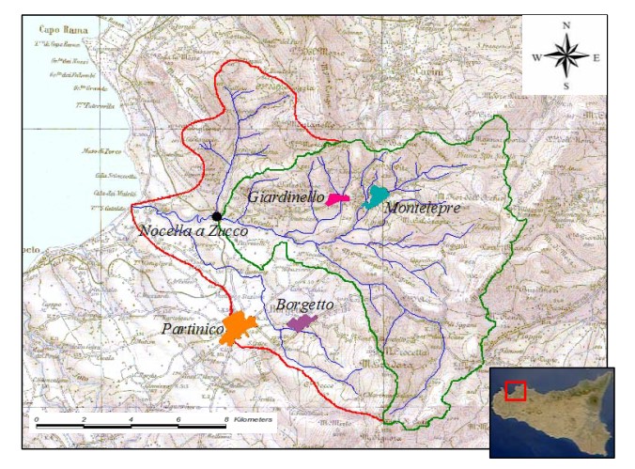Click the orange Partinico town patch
click(x=238, y=328)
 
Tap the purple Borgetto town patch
click(x=302, y=323)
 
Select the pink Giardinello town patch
click(x=338, y=198)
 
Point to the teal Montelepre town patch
click(x=377, y=196)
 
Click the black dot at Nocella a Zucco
click(x=217, y=216)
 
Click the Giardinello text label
click(x=287, y=197)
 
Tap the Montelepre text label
click(x=423, y=208)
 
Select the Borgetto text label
click(x=305, y=305)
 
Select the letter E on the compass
click(x=596, y=57)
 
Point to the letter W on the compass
click(x=536, y=57)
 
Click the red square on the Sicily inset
click(x=515, y=390)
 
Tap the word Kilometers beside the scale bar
click(x=251, y=419)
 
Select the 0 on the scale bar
click(x=36, y=419)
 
